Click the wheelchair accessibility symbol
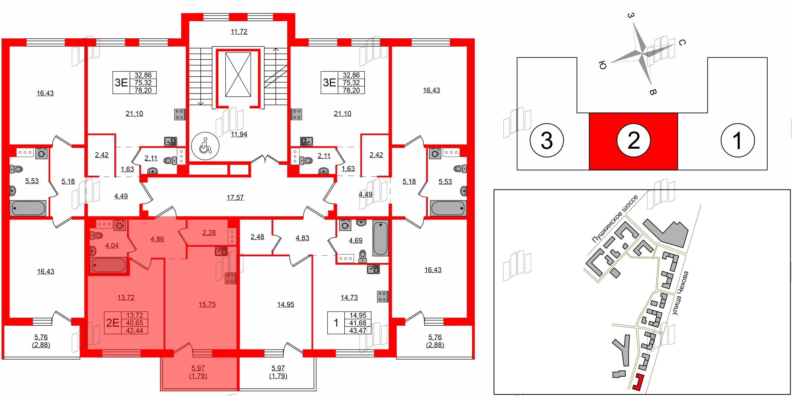click(x=205, y=146)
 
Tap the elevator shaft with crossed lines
click(x=238, y=75)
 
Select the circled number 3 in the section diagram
click(x=546, y=140)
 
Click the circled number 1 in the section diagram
click(x=738, y=140)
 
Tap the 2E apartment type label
click(x=112, y=323)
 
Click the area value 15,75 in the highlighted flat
click(x=207, y=304)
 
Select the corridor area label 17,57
click(x=235, y=198)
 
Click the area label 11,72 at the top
click(x=239, y=32)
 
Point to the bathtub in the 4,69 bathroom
click(x=380, y=238)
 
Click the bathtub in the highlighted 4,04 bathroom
click(x=108, y=265)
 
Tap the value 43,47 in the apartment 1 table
click(x=358, y=330)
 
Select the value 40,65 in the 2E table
click(x=135, y=323)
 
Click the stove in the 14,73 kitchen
click(x=382, y=297)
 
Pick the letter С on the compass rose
click(x=682, y=42)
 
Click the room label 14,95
click(x=285, y=304)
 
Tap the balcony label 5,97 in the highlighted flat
click(x=198, y=368)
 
